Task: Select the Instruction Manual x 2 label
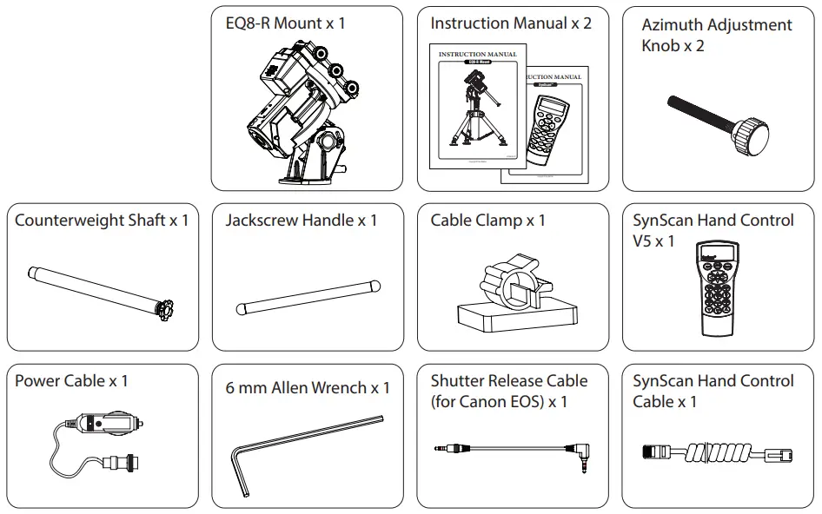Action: pyautogui.click(x=511, y=23)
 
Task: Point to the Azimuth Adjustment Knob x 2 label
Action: pyautogui.click(x=716, y=35)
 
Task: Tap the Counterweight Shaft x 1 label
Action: pyautogui.click(x=102, y=221)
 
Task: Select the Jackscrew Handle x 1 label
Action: pyautogui.click(x=301, y=221)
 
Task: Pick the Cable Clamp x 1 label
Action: pyautogui.click(x=487, y=221)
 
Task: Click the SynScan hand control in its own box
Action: pyautogui.click(x=720, y=291)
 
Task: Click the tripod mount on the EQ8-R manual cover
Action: pyautogui.click(x=474, y=113)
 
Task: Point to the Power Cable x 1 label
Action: pyautogui.click(x=71, y=381)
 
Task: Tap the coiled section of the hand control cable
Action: pyautogui.click(x=713, y=452)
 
